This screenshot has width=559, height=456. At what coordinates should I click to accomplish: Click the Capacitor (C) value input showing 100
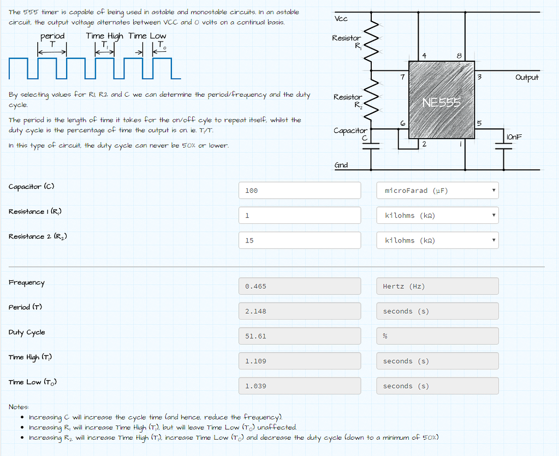click(x=300, y=191)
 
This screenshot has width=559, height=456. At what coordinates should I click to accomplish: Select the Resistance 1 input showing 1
click(x=300, y=215)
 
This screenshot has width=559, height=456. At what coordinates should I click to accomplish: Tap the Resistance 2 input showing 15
click(x=300, y=240)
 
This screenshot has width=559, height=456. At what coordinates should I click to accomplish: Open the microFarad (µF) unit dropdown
click(x=437, y=191)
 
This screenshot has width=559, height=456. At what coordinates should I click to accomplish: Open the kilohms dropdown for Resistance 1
click(x=437, y=215)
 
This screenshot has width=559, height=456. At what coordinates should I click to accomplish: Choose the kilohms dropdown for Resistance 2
click(x=437, y=240)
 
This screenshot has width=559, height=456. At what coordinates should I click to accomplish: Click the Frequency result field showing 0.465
click(x=300, y=286)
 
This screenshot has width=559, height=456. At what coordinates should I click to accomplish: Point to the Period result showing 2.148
click(x=300, y=311)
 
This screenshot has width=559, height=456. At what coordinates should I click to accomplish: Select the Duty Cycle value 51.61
click(x=300, y=336)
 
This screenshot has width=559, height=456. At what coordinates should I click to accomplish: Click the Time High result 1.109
click(x=300, y=361)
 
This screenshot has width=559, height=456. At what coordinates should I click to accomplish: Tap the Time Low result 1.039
click(x=300, y=386)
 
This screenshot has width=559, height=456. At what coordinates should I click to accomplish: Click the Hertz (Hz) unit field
click(x=437, y=286)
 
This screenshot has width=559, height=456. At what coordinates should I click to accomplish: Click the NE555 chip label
click(x=441, y=102)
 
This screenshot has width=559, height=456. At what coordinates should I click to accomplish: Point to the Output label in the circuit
click(x=527, y=78)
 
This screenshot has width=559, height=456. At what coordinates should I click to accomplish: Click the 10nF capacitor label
click(x=514, y=136)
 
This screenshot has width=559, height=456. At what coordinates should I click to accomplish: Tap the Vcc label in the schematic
click(x=341, y=19)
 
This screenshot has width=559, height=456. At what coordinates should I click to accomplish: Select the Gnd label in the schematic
click(x=341, y=165)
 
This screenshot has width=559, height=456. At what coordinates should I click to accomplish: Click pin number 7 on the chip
click(x=402, y=77)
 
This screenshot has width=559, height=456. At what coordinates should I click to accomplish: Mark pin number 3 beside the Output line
click(x=479, y=77)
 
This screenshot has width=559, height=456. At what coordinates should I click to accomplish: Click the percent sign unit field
click(x=437, y=336)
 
